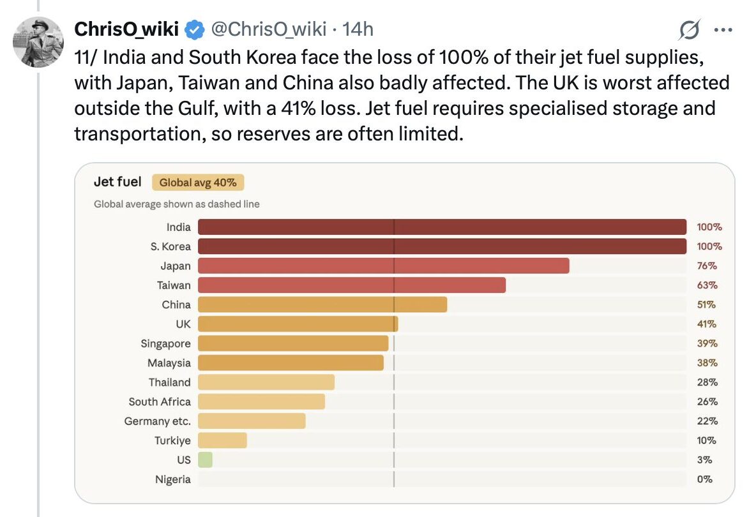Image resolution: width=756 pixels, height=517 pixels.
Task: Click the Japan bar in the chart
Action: pos(383,266)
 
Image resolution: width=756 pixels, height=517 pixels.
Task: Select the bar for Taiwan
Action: pos(351,285)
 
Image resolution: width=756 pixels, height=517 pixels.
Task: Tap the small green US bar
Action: pos(205,460)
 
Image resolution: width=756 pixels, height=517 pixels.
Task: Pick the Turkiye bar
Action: pos(222,440)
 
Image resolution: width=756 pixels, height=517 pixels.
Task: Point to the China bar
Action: pos(322,304)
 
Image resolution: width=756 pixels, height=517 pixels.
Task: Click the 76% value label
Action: pos(707,266)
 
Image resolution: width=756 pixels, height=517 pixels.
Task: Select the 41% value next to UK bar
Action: pos(707,324)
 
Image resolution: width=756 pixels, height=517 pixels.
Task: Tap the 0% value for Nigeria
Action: pos(704,479)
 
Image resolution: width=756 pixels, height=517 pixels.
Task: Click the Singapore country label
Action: pos(165,343)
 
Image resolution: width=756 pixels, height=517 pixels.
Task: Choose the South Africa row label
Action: pos(159,401)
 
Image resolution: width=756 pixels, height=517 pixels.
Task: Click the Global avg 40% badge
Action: pos(198,183)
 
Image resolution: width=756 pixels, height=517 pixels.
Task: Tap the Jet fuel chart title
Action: pos(117,182)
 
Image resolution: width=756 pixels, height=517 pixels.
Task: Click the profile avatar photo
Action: pos(38,42)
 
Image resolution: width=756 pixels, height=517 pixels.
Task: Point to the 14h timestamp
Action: pos(358,29)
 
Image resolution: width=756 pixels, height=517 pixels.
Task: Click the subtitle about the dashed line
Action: pos(176,204)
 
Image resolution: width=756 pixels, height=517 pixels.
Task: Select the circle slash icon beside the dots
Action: pos(690,29)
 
